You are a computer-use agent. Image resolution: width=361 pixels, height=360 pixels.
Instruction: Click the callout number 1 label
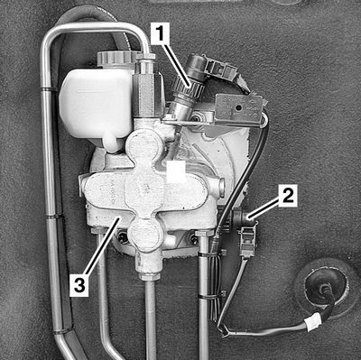click(160, 34)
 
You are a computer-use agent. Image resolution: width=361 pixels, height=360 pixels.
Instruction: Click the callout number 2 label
click(288, 196)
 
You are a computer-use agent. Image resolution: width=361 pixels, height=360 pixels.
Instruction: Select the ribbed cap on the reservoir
click(116, 58)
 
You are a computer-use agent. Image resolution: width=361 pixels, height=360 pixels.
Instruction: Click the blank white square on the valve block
click(176, 171)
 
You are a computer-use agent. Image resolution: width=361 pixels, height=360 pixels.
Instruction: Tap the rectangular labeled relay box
click(238, 109)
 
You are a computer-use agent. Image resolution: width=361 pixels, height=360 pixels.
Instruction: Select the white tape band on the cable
click(313, 321)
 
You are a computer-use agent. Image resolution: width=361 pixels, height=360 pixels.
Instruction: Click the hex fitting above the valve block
click(146, 90)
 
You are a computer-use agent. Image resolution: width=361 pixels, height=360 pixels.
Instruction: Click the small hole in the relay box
click(238, 107)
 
